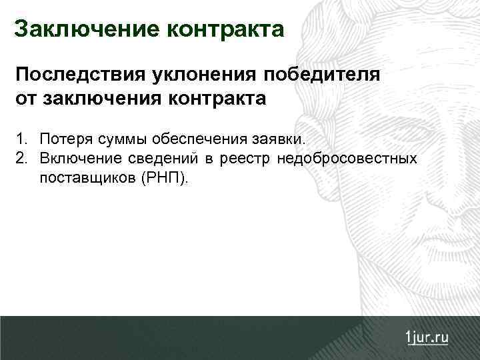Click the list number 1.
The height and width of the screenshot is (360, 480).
23,140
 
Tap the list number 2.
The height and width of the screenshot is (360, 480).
23,159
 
